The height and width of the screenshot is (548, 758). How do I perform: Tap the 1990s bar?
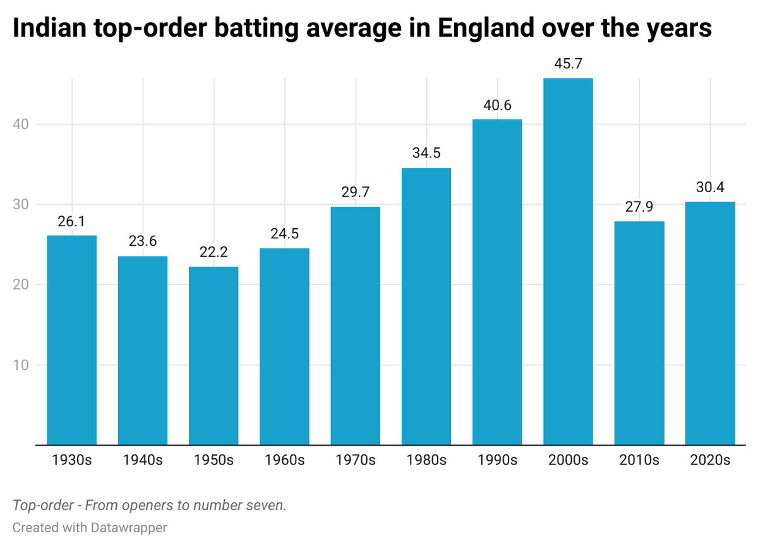click(497, 282)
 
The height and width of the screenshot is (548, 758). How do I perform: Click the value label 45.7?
click(568, 65)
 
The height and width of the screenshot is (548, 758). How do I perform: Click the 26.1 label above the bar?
click(71, 222)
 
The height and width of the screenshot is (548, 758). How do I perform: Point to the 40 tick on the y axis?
click(21, 124)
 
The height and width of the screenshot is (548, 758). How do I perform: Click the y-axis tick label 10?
click(21, 365)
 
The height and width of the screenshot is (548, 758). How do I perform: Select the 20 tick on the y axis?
click(21, 284)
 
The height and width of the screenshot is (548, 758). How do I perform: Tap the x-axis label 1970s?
click(355, 460)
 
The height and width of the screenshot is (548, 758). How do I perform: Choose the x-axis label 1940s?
click(142, 460)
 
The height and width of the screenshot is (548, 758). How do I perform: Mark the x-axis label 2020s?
click(710, 460)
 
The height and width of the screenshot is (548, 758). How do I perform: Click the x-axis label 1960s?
click(284, 460)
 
